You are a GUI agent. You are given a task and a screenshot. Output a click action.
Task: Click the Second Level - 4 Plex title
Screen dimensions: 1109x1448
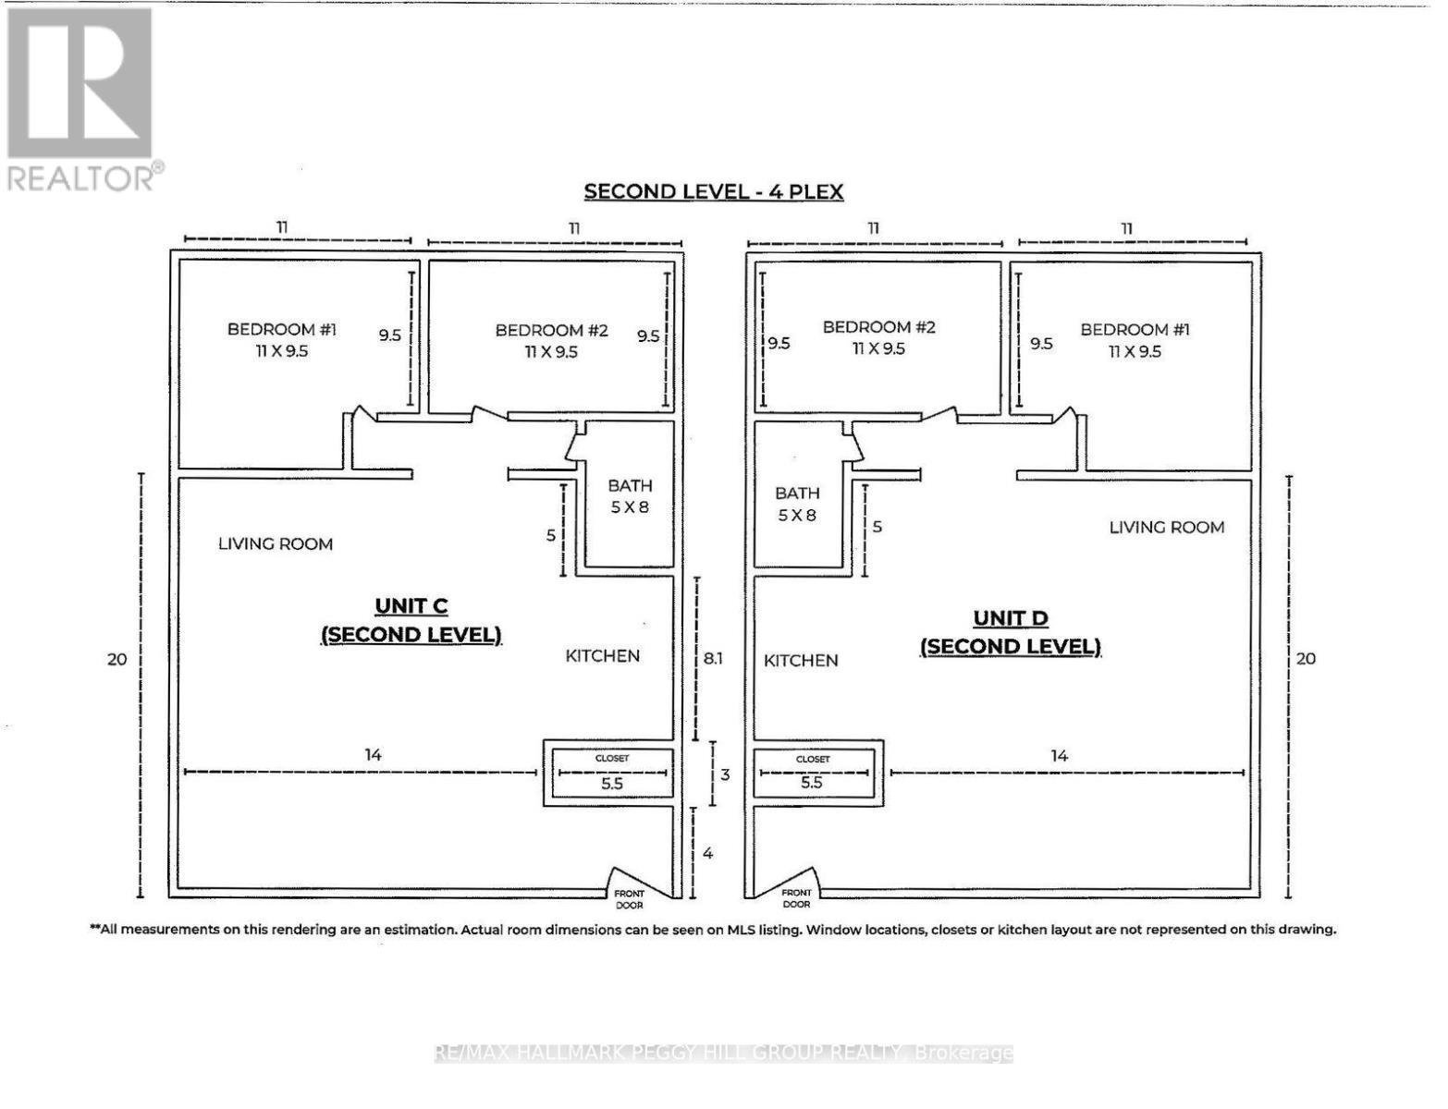pyautogui.click(x=713, y=192)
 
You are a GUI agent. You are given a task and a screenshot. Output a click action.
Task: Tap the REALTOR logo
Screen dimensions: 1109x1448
pyautogui.click(x=80, y=97)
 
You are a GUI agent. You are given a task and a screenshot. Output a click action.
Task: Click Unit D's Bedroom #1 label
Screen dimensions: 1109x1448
pyautogui.click(x=1135, y=340)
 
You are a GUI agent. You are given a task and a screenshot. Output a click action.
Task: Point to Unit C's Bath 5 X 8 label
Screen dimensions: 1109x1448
pyautogui.click(x=630, y=496)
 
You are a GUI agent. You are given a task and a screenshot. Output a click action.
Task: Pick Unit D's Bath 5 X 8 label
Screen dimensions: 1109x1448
pyautogui.click(x=796, y=504)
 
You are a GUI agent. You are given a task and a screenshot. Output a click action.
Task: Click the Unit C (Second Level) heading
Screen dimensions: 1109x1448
pyautogui.click(x=411, y=620)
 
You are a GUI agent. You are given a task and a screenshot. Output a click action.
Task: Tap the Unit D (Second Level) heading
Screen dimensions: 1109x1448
pyautogui.click(x=1010, y=632)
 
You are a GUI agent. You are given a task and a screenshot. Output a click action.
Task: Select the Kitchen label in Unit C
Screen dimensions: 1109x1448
pyautogui.click(x=602, y=656)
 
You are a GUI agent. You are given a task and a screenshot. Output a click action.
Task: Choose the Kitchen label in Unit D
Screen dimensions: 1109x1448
pyautogui.click(x=801, y=661)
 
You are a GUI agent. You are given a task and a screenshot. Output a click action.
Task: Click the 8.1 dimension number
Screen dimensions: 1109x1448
pyautogui.click(x=713, y=659)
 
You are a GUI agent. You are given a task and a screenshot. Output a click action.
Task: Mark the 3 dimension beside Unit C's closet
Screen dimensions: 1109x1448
pyautogui.click(x=725, y=774)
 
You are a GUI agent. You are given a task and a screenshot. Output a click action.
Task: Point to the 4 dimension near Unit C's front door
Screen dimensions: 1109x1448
pyautogui.click(x=707, y=853)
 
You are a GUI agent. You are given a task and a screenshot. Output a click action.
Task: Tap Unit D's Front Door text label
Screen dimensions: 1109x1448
pyautogui.click(x=796, y=898)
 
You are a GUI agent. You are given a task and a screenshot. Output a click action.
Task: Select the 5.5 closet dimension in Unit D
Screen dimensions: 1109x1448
pyautogui.click(x=811, y=783)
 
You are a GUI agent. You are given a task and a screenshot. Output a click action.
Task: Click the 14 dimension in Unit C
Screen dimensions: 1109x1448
pyautogui.click(x=373, y=755)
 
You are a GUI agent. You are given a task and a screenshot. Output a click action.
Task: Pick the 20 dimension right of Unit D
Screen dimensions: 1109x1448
pyautogui.click(x=1305, y=659)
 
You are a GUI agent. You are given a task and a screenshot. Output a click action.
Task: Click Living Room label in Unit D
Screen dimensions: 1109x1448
pyautogui.click(x=1166, y=528)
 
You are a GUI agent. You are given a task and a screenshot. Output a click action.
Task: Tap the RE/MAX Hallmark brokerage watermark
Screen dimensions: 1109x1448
pyautogui.click(x=724, y=1053)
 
